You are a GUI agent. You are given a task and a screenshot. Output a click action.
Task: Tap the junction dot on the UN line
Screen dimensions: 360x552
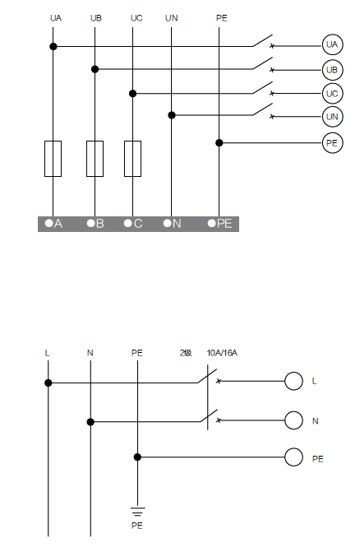coord(172,115)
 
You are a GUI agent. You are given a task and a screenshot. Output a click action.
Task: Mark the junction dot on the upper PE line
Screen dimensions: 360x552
coord(219,142)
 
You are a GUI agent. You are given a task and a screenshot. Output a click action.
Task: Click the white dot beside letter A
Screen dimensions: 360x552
coord(48,223)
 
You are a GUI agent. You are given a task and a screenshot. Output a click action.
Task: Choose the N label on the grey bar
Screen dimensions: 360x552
coord(177,224)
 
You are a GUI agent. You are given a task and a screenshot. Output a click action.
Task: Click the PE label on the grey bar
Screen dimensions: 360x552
coord(224,224)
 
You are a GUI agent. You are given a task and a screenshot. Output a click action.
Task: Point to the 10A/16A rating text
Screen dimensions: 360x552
coord(222,353)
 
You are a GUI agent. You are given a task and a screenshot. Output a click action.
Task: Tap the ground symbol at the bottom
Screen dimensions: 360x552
coord(137,512)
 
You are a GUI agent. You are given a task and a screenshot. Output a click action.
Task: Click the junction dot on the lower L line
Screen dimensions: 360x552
coord(48,383)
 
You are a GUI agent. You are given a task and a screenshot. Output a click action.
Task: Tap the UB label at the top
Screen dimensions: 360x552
coord(96,18)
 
